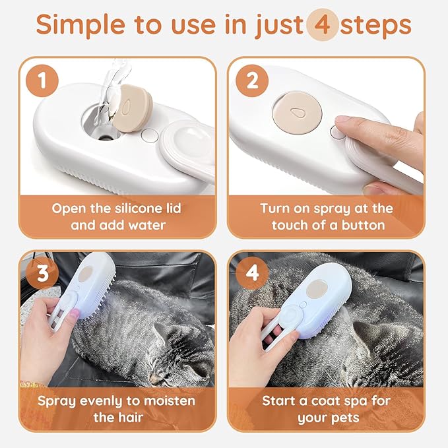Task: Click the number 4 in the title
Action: [x=323, y=26]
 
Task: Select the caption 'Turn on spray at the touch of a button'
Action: [x=327, y=216]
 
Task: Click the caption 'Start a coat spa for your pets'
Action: [x=327, y=409]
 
